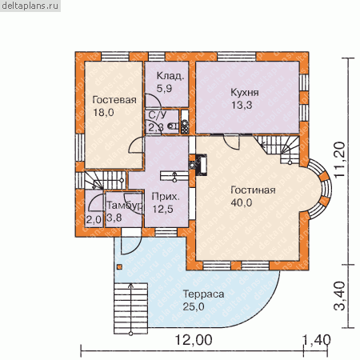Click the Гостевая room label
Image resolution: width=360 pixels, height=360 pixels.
pos(114,100)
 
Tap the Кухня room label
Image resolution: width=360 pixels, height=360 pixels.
pos(245,93)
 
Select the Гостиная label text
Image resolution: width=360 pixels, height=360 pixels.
pos(253,190)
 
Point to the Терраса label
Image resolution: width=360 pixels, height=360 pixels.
pos(203,294)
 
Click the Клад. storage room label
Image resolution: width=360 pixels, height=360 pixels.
pos(170,76)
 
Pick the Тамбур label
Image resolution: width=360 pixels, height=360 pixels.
pos(124,206)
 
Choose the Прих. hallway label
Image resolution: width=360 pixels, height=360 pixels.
pos(166,197)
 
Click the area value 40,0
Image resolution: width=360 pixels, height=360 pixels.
pos(242,202)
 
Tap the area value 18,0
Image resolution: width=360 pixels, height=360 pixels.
pos(103,112)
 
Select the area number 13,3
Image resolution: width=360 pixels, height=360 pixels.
pos(242,105)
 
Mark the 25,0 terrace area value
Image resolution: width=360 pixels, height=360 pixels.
pos(194,306)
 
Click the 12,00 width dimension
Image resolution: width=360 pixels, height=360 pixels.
pos(194,340)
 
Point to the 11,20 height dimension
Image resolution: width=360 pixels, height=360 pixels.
pos(341,159)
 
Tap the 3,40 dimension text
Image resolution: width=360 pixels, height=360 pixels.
pos(340,296)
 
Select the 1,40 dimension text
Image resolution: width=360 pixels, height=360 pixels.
pos(317,340)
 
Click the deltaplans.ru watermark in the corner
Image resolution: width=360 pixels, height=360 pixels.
pos(30,6)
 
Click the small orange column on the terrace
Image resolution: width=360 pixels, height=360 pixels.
pos(120,266)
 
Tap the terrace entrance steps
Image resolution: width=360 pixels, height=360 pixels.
pos(130,308)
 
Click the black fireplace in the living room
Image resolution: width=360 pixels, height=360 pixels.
pos(202,165)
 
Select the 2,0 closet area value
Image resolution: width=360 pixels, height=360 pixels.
pos(94,220)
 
